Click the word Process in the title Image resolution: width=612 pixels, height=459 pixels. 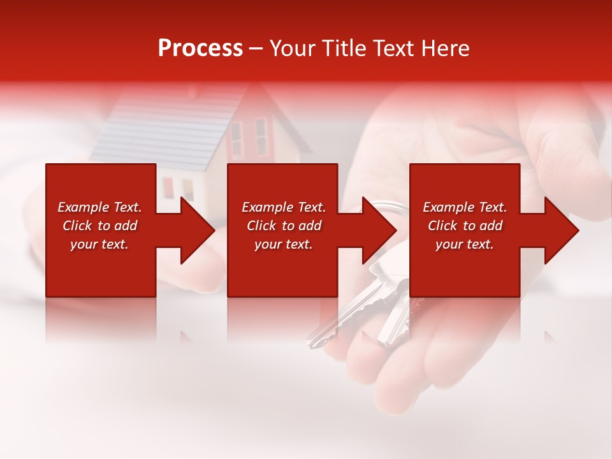pyautogui.click(x=200, y=48)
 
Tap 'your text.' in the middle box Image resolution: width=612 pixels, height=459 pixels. pyautogui.click(x=283, y=244)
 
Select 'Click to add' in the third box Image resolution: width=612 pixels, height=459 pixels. pyautogui.click(x=465, y=226)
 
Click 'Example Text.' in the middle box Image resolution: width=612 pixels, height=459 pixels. pyautogui.click(x=283, y=207)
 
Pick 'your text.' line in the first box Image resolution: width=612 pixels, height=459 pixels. pyautogui.click(x=99, y=244)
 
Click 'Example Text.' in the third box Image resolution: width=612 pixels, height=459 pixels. pyautogui.click(x=465, y=207)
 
